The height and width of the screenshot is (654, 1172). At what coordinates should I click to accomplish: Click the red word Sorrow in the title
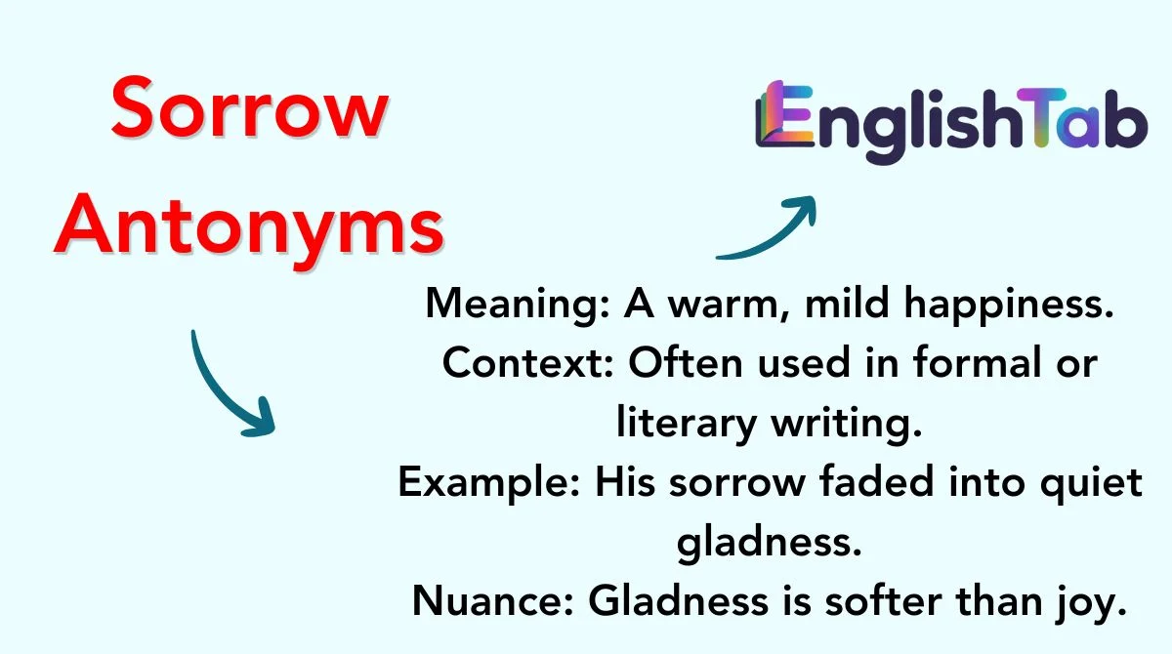click(x=250, y=107)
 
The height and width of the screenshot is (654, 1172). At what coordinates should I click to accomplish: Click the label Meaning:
click(x=518, y=305)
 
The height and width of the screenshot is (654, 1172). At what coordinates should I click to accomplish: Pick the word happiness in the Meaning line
click(x=1009, y=305)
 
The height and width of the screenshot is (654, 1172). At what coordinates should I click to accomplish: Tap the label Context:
click(x=528, y=363)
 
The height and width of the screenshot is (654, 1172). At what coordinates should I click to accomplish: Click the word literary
click(x=686, y=424)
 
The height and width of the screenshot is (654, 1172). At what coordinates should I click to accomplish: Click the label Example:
click(x=489, y=483)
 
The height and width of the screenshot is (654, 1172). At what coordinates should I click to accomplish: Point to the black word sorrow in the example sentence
click(x=737, y=483)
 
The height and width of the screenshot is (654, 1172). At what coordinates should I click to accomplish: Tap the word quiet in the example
click(x=1092, y=483)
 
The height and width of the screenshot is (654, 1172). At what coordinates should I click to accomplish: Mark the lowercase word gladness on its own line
click(x=769, y=542)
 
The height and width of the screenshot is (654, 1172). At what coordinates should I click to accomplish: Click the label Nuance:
click(x=493, y=601)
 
